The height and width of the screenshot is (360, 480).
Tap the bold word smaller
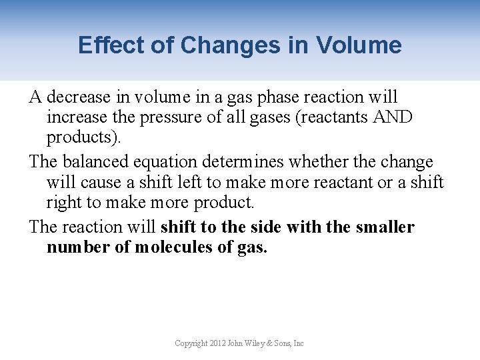385,227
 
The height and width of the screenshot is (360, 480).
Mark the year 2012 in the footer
217,343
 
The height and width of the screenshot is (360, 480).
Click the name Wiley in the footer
259,343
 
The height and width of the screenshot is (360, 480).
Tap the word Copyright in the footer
190,343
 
